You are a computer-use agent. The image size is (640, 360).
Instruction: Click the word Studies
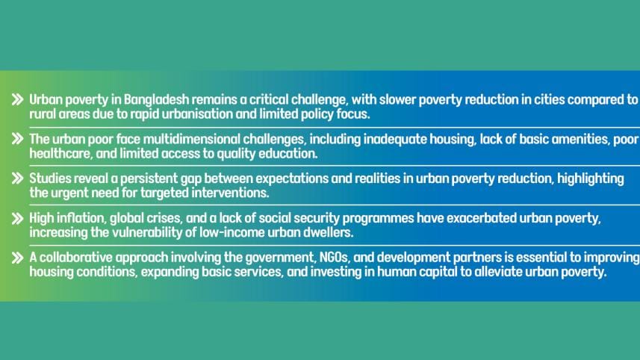tap(51, 179)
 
